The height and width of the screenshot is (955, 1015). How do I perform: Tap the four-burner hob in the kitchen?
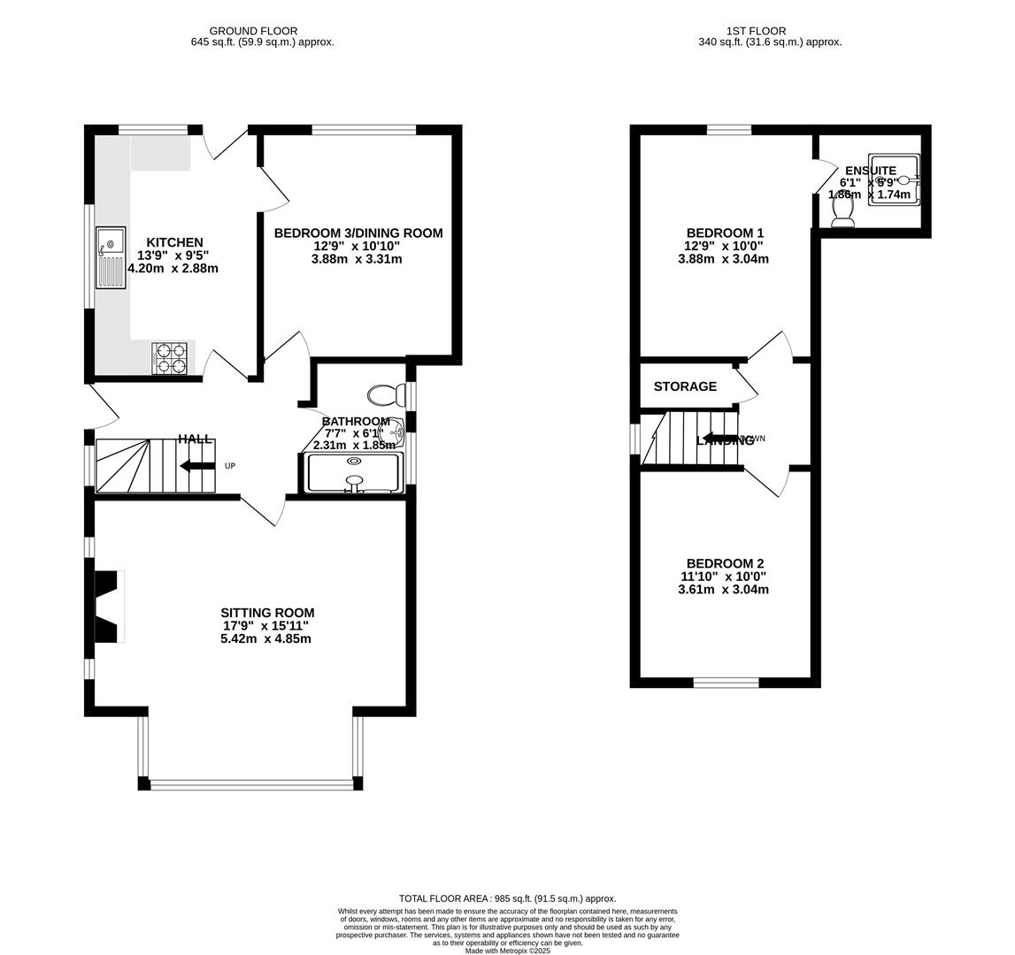click(x=171, y=358)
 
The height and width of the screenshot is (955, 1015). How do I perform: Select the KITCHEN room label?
click(x=174, y=242)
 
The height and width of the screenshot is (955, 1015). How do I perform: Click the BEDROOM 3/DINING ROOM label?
click(x=358, y=233)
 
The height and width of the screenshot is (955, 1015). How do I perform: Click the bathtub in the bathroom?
click(x=354, y=472)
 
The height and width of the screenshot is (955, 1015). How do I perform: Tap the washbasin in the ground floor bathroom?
click(x=391, y=432)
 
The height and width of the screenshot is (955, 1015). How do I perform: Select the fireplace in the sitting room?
click(x=107, y=607)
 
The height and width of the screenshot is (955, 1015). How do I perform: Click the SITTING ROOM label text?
click(x=267, y=613)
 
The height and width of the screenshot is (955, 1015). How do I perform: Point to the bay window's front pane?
click(x=252, y=783)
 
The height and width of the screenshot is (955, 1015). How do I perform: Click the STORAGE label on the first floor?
click(x=685, y=386)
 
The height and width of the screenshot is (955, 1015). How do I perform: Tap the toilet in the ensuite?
click(x=843, y=210)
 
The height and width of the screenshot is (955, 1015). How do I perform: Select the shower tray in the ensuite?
click(x=894, y=181)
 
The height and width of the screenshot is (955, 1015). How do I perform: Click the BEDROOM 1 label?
click(x=724, y=233)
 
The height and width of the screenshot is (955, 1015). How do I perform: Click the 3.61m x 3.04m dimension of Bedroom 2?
click(x=724, y=589)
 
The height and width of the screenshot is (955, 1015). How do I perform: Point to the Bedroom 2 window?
click(x=726, y=682)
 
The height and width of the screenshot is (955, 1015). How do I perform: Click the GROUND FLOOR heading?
click(x=253, y=31)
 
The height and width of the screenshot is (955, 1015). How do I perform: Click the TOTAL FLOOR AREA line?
click(x=507, y=898)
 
